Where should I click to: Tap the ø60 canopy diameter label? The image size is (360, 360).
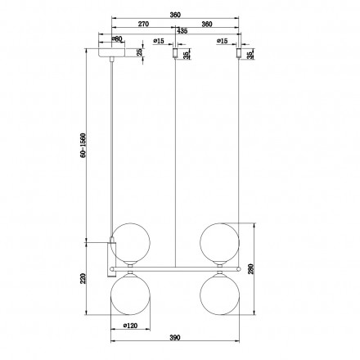116,38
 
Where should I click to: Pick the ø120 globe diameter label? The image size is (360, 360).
131,327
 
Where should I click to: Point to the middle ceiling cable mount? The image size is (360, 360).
174,55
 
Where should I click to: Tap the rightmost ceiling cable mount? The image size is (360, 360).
238,55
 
